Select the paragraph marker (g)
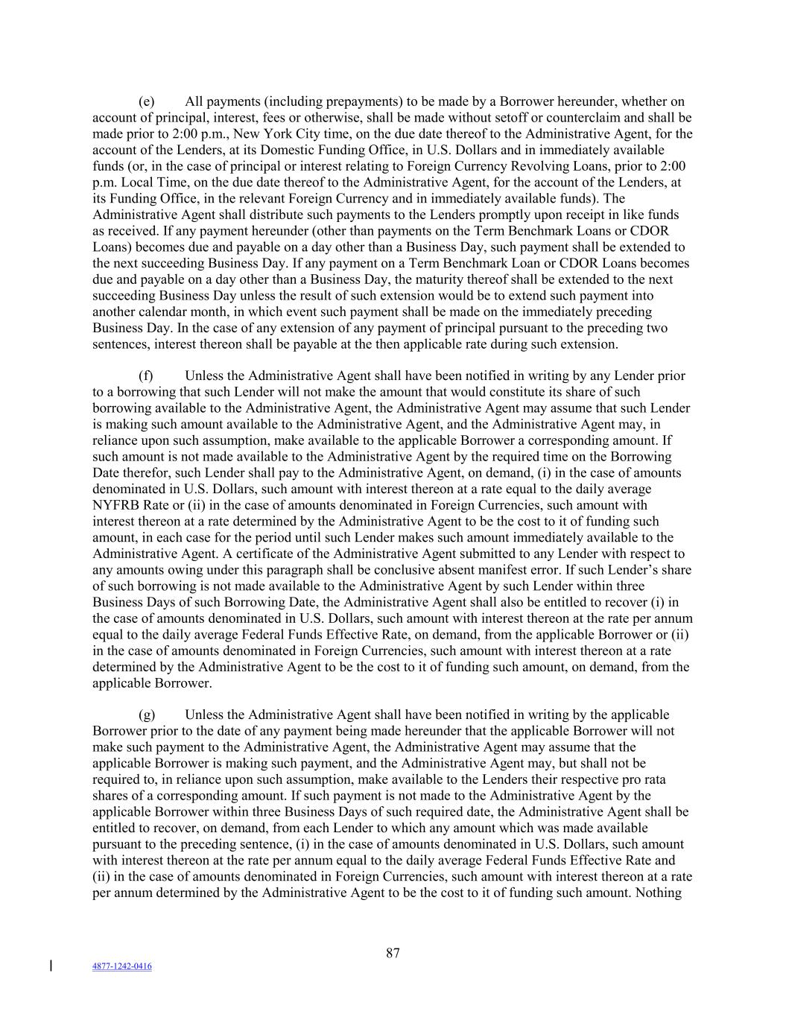tap(147, 715)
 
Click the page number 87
tap(393, 953)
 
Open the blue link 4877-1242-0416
tap(122, 966)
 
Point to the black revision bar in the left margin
tap(51, 966)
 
